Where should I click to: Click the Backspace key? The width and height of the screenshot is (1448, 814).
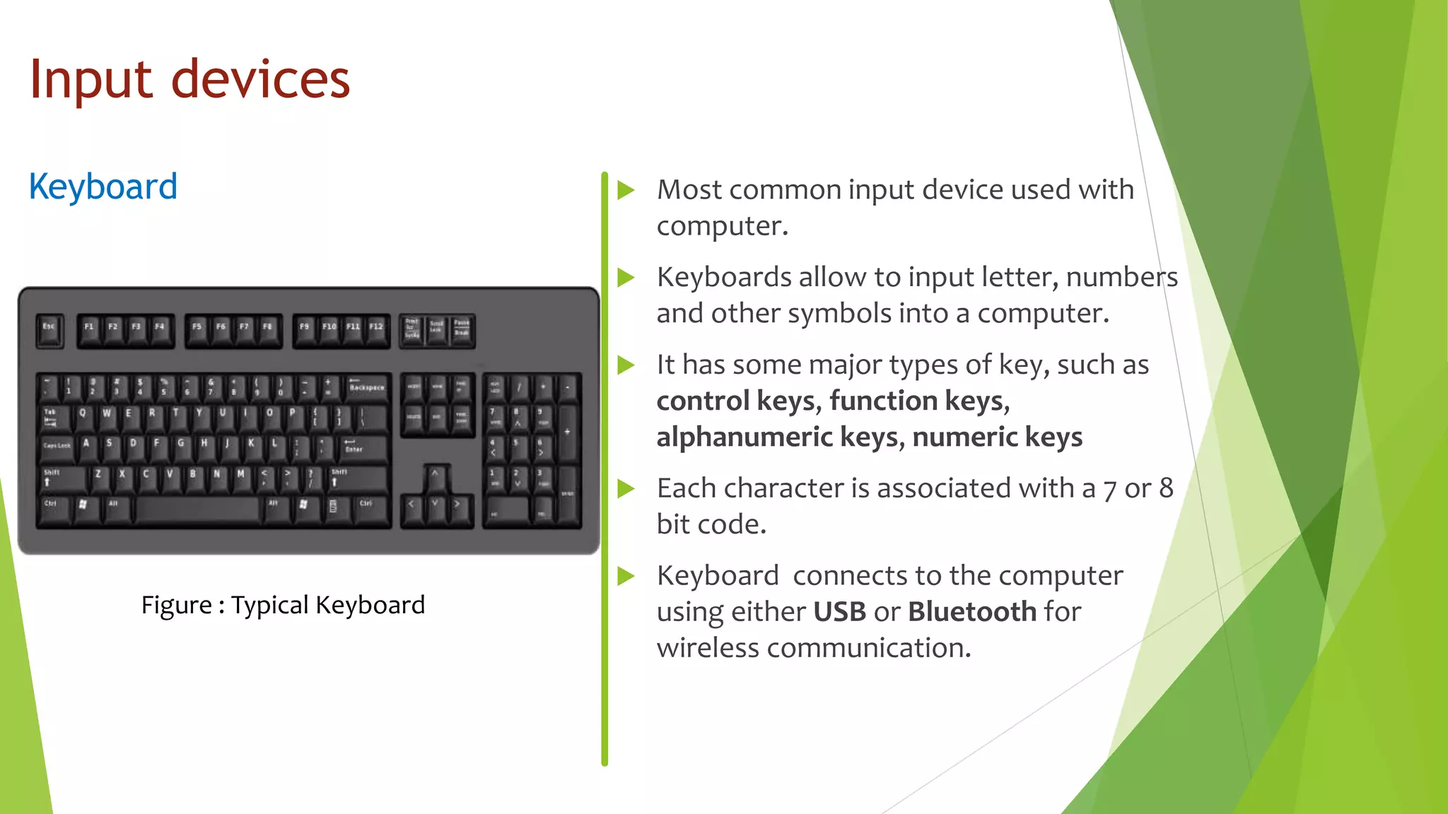(367, 388)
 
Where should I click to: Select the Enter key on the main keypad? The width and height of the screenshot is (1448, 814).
(362, 447)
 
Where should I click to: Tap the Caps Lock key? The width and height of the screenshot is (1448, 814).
(57, 447)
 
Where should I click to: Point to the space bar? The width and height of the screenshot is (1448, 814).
(199, 508)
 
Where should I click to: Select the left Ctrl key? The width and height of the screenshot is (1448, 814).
(52, 508)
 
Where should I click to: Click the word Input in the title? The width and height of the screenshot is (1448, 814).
(90, 79)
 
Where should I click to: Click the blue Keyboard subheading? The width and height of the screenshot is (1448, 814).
(103, 187)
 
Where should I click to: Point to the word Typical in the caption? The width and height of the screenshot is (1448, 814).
(269, 605)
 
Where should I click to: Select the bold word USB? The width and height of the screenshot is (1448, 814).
(839, 612)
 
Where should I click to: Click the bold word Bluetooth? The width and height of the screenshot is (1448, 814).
(972, 612)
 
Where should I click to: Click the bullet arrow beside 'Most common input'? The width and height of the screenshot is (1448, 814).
(626, 190)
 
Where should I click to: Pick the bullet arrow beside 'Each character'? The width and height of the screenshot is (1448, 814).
(626, 488)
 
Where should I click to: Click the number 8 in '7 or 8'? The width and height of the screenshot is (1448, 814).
(1166, 488)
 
